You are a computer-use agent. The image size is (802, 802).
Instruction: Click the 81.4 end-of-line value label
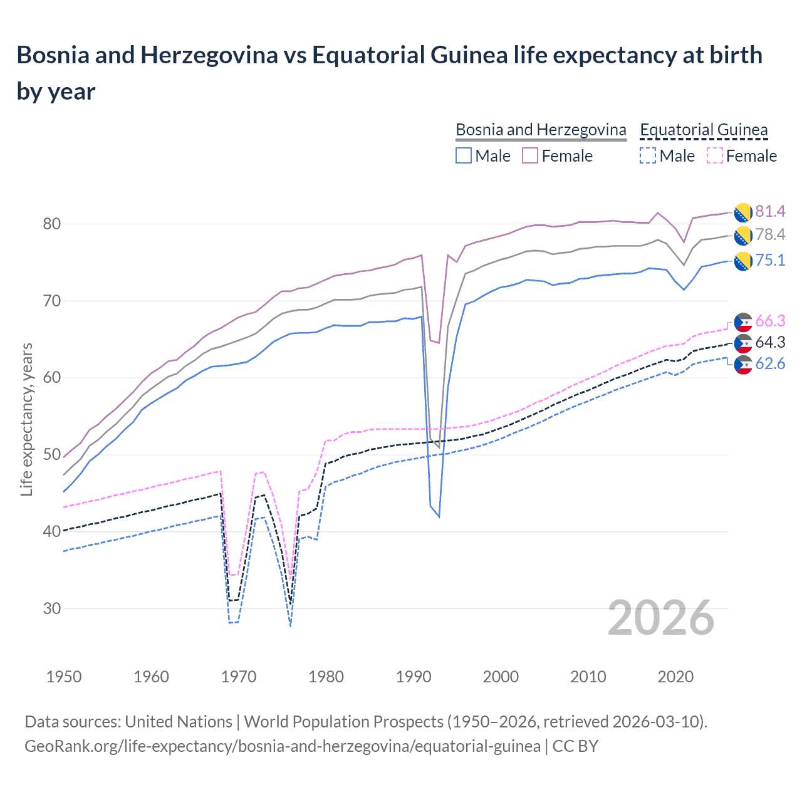(770, 212)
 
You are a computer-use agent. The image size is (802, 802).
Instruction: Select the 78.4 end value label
(770, 235)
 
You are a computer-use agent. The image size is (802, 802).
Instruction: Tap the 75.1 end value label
(770, 261)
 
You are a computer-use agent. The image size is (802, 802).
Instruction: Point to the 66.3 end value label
(770, 321)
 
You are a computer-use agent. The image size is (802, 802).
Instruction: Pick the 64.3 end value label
(770, 343)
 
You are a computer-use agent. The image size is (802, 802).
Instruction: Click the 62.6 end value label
(770, 364)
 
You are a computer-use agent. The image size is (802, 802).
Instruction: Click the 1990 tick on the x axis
(414, 677)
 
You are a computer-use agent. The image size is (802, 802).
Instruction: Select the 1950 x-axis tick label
(64, 677)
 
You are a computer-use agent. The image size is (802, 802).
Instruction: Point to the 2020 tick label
(675, 677)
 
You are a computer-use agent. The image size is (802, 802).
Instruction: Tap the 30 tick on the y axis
(52, 608)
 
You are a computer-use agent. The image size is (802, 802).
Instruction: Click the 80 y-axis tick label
(52, 224)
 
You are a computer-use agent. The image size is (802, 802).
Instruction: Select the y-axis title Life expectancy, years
(26, 419)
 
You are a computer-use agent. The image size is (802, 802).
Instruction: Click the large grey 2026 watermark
(660, 618)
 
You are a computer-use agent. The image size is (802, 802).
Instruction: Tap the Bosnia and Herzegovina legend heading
(541, 130)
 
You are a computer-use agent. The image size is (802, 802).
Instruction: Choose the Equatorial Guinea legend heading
(704, 130)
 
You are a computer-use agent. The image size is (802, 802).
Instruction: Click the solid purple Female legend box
(530, 155)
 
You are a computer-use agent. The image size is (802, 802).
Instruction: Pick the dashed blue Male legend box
(648, 155)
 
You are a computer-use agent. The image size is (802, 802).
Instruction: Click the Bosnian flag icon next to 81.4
(743, 212)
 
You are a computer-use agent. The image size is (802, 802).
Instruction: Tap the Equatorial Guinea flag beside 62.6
(743, 365)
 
